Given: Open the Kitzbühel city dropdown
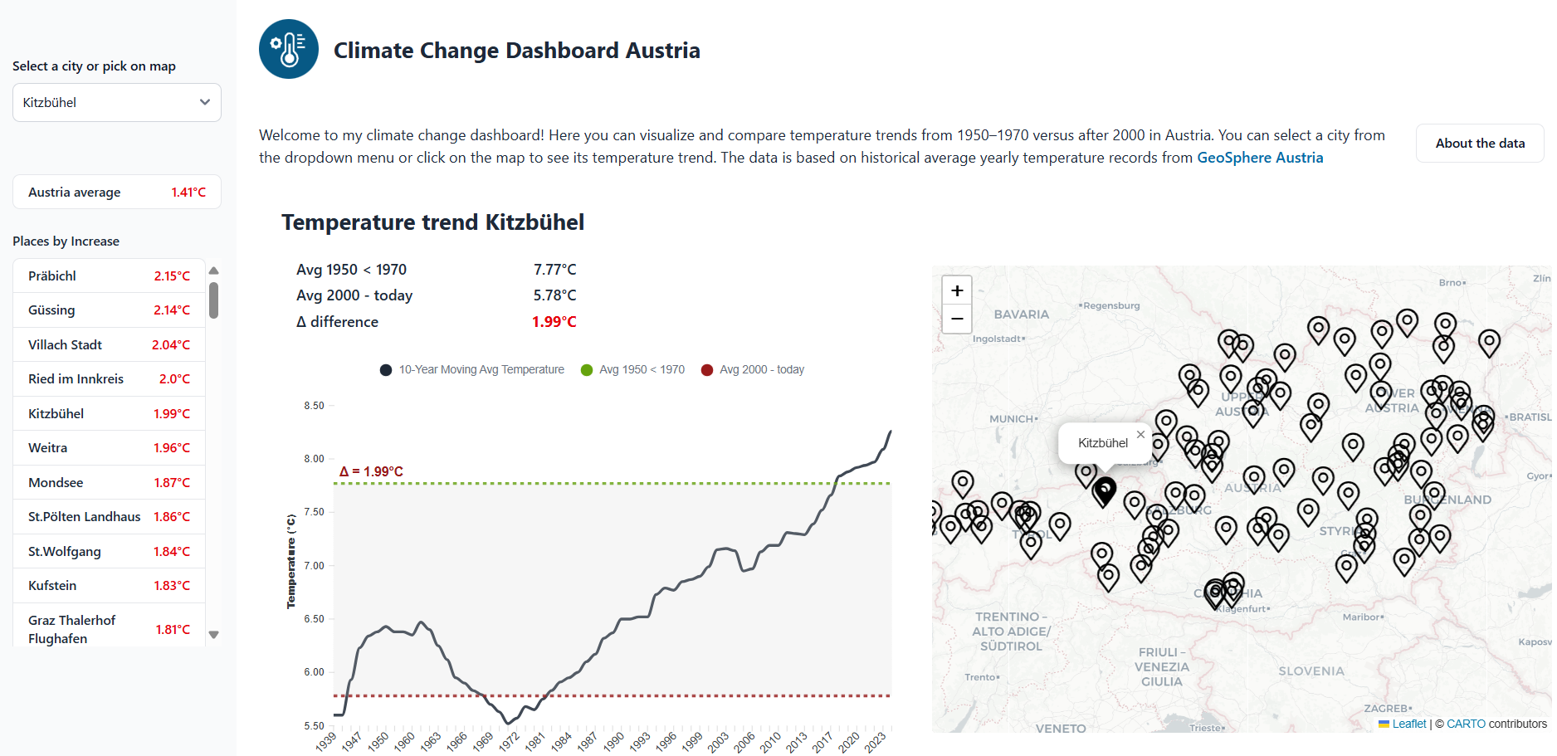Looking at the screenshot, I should [116, 103].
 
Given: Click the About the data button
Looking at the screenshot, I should [1480, 144].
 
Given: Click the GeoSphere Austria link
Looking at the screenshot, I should [1259, 158].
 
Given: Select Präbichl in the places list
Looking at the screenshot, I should [52, 276].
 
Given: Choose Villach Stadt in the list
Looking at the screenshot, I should [65, 345].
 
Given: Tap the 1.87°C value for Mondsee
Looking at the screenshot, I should [172, 483].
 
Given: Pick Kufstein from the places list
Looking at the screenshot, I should [52, 586].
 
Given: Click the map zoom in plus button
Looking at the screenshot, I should [957, 290].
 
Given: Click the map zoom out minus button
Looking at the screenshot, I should [957, 319].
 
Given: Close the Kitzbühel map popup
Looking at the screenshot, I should [1140, 434].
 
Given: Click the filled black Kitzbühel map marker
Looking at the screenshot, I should [1104, 490].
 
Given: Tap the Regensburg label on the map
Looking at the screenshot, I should [1111, 305].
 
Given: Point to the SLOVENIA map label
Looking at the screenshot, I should [1311, 671].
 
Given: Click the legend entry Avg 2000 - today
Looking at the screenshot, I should [753, 370].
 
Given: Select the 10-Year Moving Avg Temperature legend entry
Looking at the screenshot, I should [472, 370].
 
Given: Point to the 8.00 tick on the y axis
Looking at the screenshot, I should [314, 459].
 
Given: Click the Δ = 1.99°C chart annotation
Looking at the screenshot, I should [371, 472].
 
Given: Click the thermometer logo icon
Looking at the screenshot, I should [289, 50].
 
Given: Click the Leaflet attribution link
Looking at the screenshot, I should [1408, 724].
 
